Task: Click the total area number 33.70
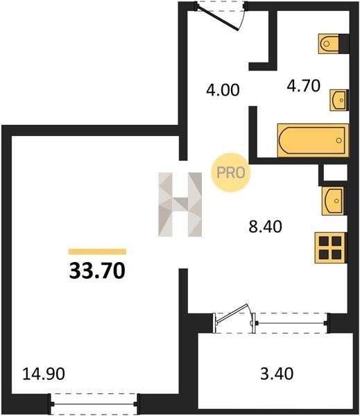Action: point(97,271)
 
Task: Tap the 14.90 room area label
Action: point(44,374)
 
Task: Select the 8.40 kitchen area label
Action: point(265,227)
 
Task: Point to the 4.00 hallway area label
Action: point(223,89)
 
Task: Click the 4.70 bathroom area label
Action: point(303,86)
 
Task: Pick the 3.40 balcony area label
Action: point(277,374)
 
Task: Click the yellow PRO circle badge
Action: point(231,173)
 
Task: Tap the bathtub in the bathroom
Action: point(313,140)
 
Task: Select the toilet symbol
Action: point(329,44)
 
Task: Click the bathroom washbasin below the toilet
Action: point(338,100)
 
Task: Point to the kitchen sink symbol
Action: point(333,201)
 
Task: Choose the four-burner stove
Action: point(330,248)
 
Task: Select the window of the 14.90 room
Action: point(94,404)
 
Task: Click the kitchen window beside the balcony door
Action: point(291,323)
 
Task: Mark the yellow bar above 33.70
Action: point(97,252)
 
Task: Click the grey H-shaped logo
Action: point(180,205)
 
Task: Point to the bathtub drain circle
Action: point(338,140)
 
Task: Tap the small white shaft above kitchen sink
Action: point(336,173)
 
